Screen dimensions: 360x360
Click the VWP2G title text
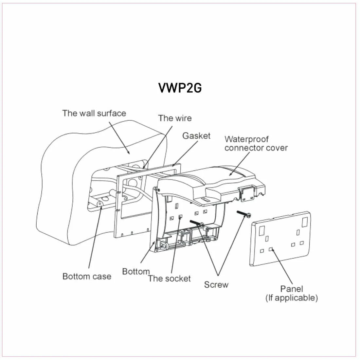click(180, 88)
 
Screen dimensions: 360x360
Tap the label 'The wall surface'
click(94, 113)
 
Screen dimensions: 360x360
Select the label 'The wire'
click(175, 118)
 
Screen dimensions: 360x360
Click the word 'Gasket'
click(196, 135)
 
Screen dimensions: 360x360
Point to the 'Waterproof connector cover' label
click(256, 143)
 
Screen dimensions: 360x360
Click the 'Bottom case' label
click(87, 276)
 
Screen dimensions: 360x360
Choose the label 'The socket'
click(169, 279)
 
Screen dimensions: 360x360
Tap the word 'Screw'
click(216, 284)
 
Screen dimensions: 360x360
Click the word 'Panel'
click(292, 289)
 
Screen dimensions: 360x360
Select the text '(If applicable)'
click(292, 298)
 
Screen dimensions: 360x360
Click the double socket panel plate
click(280, 238)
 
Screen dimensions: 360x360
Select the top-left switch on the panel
click(262, 230)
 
